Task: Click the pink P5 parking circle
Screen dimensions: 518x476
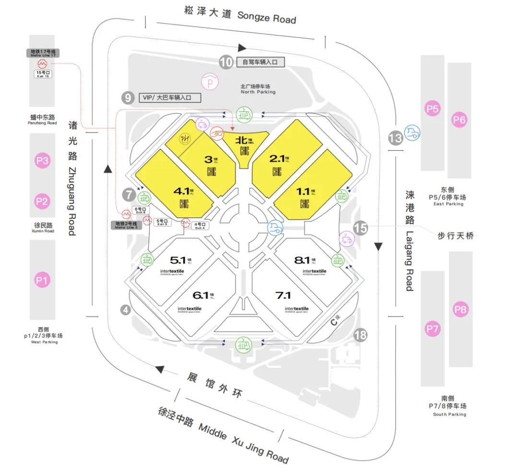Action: (433, 109)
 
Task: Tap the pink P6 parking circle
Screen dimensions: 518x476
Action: (459, 120)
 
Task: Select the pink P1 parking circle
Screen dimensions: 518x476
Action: (42, 280)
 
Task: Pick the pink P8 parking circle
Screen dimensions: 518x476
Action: (460, 310)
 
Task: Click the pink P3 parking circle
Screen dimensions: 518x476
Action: (42, 160)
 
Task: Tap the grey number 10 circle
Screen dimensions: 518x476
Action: (226, 62)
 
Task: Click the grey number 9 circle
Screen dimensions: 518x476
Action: (127, 98)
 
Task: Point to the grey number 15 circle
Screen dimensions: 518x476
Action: (360, 228)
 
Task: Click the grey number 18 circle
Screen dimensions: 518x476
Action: (360, 335)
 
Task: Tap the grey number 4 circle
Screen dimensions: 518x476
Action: (126, 310)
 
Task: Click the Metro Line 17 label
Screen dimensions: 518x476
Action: (43, 53)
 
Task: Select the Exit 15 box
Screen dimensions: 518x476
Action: (42, 74)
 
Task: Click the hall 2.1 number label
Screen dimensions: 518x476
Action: (277, 159)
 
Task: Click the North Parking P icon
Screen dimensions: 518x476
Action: (210, 82)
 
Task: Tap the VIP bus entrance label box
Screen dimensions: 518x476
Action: (170, 98)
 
